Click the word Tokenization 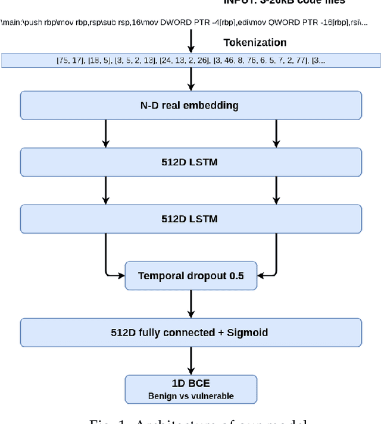point(255,43)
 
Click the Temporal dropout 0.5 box point(190,275)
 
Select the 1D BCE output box point(190,389)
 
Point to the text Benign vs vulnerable point(190,396)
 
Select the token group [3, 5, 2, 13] point(136,61)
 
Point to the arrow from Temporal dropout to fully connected point(191,304)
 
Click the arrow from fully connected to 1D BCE point(191,360)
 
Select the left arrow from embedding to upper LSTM point(105,134)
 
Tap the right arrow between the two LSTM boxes point(276,190)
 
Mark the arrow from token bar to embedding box point(191,78)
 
